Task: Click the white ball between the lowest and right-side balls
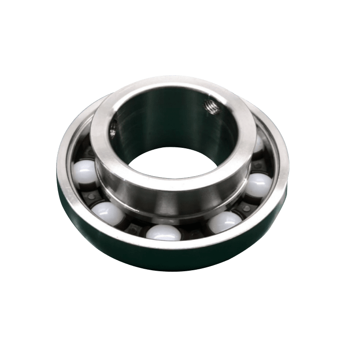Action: point(225,221)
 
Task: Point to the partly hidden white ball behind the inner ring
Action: point(258,144)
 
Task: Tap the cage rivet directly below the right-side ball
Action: point(247,207)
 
